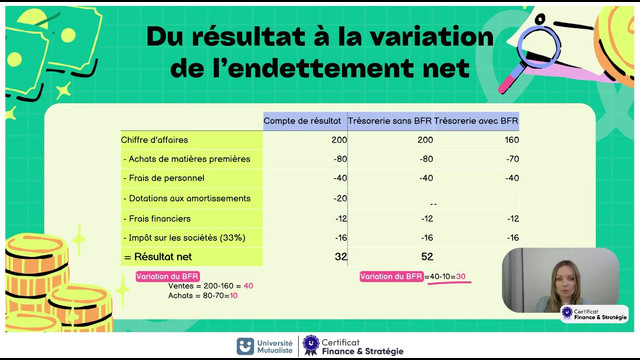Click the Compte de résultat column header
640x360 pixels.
click(302, 121)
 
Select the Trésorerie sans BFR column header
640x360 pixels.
click(389, 121)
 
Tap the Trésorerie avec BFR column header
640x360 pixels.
click(476, 121)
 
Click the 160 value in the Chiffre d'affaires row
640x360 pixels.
click(511, 140)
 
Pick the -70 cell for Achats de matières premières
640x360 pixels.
click(512, 159)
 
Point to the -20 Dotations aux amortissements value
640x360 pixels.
click(340, 198)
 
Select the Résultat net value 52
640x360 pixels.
click(427, 257)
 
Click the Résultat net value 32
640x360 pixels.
click(341, 257)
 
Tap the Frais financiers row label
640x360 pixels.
click(157, 219)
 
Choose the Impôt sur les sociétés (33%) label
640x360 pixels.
click(184, 238)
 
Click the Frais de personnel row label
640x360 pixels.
click(164, 178)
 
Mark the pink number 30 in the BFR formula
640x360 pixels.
click(460, 276)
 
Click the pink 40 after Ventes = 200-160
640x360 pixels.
click(248, 286)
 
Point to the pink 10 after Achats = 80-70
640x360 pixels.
click(233, 296)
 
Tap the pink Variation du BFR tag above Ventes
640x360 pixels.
click(167, 276)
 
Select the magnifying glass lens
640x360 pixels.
click(539, 47)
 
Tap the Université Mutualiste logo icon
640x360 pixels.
click(245, 346)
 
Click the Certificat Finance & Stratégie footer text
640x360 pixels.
click(362, 347)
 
